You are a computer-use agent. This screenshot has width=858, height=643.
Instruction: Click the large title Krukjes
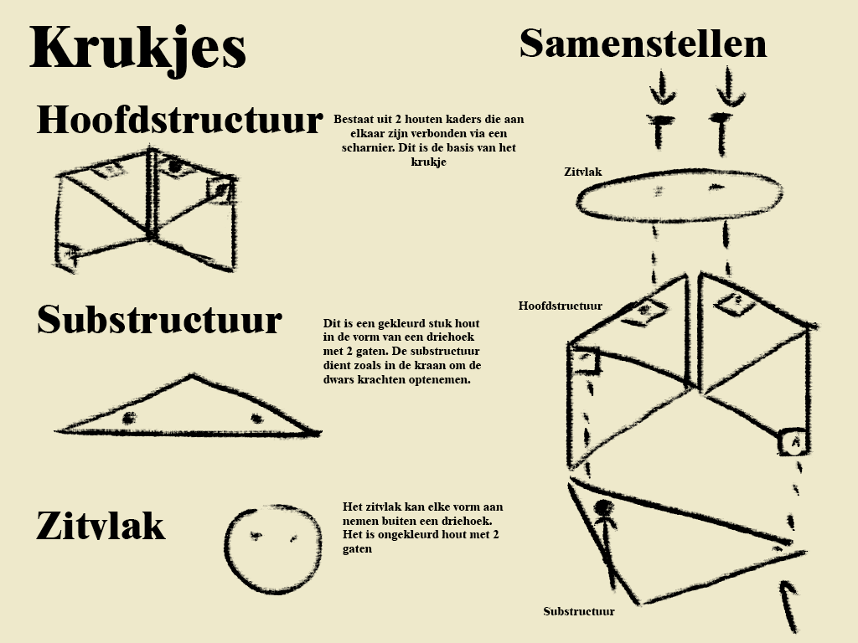(x=137, y=48)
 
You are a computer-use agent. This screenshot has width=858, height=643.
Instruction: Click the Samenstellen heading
(x=643, y=44)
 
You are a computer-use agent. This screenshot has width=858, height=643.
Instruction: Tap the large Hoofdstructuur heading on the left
(x=178, y=120)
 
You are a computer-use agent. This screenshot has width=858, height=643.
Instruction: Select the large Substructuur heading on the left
(x=159, y=320)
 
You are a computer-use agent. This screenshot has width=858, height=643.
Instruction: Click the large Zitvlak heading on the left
(x=101, y=526)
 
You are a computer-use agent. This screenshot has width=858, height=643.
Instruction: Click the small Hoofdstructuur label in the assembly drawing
(x=560, y=306)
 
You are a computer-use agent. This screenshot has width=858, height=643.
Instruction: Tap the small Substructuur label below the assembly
(x=578, y=611)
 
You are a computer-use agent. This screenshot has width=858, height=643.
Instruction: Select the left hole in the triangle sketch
(x=128, y=418)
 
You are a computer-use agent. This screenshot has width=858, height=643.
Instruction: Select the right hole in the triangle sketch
(x=256, y=418)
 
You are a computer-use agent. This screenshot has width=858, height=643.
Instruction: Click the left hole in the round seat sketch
(x=256, y=536)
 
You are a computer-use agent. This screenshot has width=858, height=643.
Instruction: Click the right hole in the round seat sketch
(x=293, y=538)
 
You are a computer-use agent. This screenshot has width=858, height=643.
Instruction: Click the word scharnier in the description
(x=361, y=148)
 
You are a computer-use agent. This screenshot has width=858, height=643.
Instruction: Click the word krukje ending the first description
(x=429, y=162)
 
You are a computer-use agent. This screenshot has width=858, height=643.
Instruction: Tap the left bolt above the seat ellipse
(x=662, y=126)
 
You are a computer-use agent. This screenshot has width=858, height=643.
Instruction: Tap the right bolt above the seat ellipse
(x=721, y=126)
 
